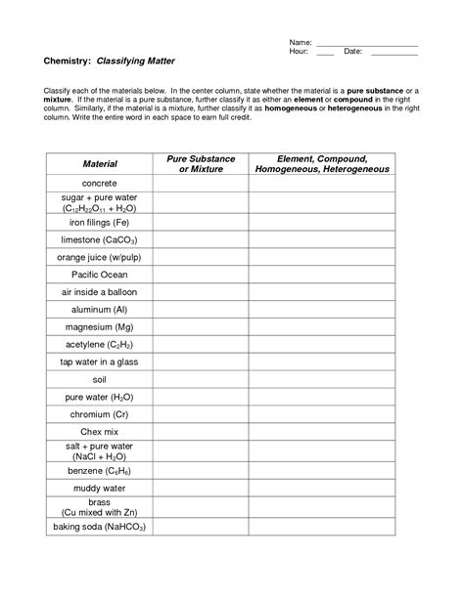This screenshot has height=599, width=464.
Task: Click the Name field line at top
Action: pyautogui.click(x=367, y=44)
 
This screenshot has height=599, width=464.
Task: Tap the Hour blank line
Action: pyautogui.click(x=325, y=53)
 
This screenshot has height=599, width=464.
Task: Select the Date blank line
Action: pyautogui.click(x=394, y=53)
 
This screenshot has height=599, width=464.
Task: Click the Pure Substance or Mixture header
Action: pyautogui.click(x=200, y=163)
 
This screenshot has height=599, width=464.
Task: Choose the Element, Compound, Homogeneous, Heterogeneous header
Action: pyautogui.click(x=322, y=163)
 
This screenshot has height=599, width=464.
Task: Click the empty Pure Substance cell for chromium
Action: pyautogui.click(x=200, y=414)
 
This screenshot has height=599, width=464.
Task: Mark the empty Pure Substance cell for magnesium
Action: pyautogui.click(x=200, y=326)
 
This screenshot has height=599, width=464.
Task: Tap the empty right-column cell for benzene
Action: pyautogui.click(x=322, y=470)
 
